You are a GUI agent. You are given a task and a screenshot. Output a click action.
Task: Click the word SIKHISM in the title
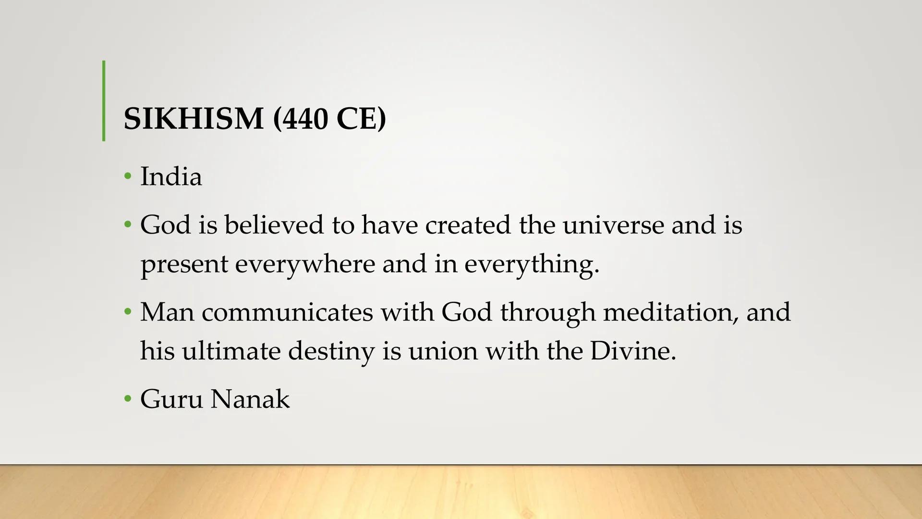tap(193, 119)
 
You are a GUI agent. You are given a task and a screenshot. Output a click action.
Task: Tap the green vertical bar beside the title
tap(104, 101)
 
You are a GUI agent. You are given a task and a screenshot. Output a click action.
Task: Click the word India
tap(171, 176)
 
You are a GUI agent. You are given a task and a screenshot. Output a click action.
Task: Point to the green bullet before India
tap(127, 176)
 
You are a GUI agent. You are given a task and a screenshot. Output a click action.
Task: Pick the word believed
tap(274, 224)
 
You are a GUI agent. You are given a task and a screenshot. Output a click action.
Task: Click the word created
tap(468, 224)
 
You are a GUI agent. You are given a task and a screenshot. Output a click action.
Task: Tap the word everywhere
tap(305, 264)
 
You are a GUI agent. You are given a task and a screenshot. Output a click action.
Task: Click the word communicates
tap(287, 312)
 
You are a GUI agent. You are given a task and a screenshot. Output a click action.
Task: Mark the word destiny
tap(331, 351)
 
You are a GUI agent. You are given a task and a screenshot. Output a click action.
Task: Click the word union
tap(443, 351)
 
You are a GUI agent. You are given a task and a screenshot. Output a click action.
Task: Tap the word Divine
tap(632, 351)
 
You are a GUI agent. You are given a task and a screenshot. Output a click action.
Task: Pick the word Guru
tap(171, 399)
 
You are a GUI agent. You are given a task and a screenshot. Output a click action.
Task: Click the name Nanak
tap(250, 399)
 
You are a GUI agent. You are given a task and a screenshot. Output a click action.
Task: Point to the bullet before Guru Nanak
tap(127, 399)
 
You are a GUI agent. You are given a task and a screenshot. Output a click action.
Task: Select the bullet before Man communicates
tap(127, 312)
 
